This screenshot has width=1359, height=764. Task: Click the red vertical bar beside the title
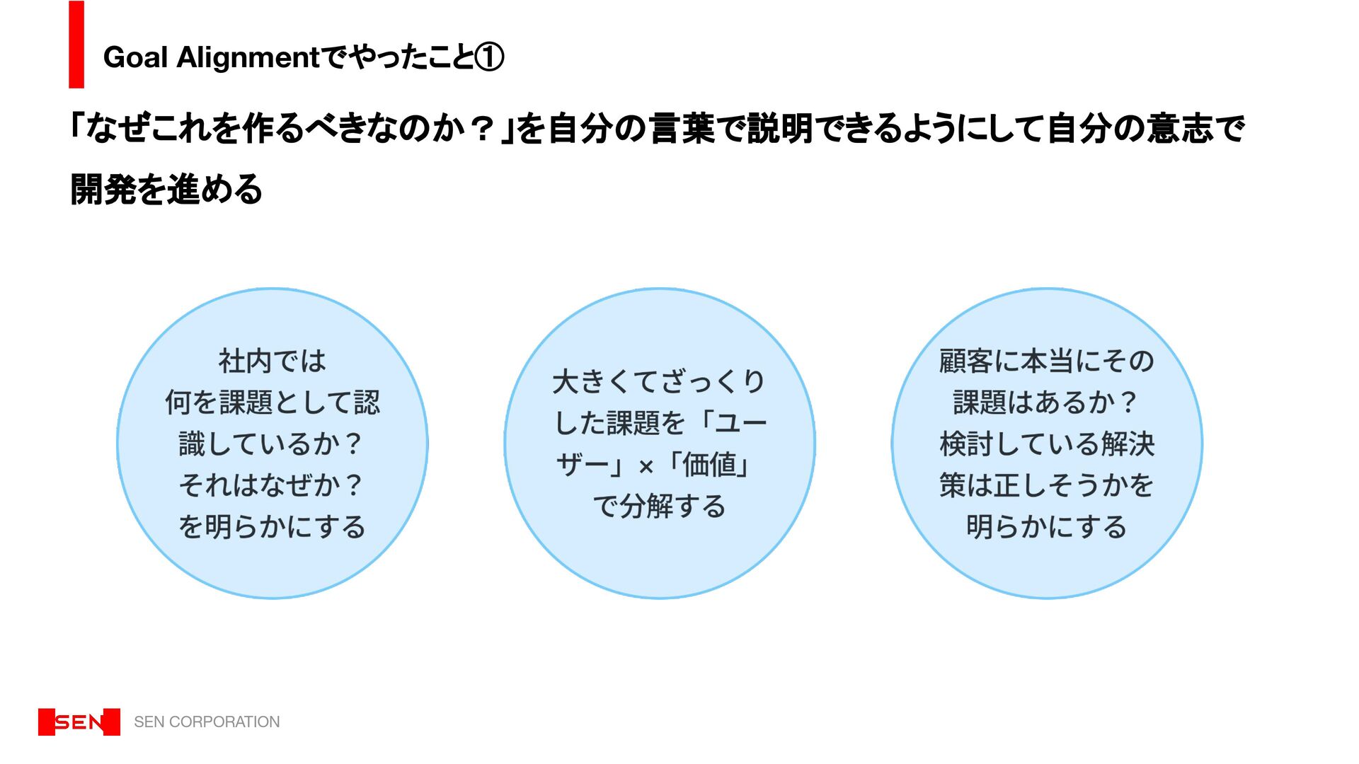point(76,45)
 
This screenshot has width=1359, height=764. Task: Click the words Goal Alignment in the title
point(212,57)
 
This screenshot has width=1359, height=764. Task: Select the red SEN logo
point(79,722)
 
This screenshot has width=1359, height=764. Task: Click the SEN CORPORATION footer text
point(207,722)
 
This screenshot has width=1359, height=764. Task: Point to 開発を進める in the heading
point(167,190)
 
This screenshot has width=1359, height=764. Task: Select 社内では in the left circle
point(273,361)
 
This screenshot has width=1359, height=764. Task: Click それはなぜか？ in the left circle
point(271,485)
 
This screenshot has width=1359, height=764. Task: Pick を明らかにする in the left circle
point(273,527)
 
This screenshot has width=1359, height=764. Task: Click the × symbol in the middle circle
point(646,467)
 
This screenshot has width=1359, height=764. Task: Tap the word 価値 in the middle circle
point(710,465)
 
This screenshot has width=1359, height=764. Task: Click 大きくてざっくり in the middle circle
point(659,382)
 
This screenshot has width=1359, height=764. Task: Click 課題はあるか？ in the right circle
point(1045,403)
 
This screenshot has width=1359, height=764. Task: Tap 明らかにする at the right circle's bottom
point(1047,527)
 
